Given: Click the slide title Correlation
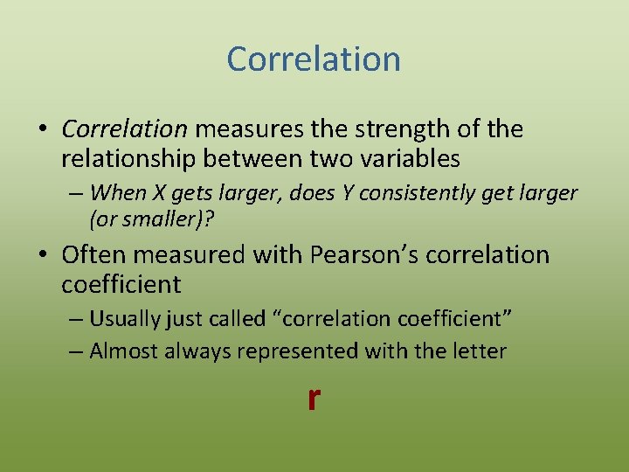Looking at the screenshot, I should click(x=314, y=59).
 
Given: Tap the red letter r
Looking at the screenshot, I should click(x=314, y=398).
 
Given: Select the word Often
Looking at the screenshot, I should click(x=96, y=254).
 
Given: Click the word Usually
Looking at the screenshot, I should click(x=124, y=318).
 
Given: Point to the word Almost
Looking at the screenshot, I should click(x=122, y=351).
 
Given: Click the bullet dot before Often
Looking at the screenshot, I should click(x=43, y=255).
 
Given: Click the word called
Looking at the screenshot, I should click(x=233, y=318).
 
